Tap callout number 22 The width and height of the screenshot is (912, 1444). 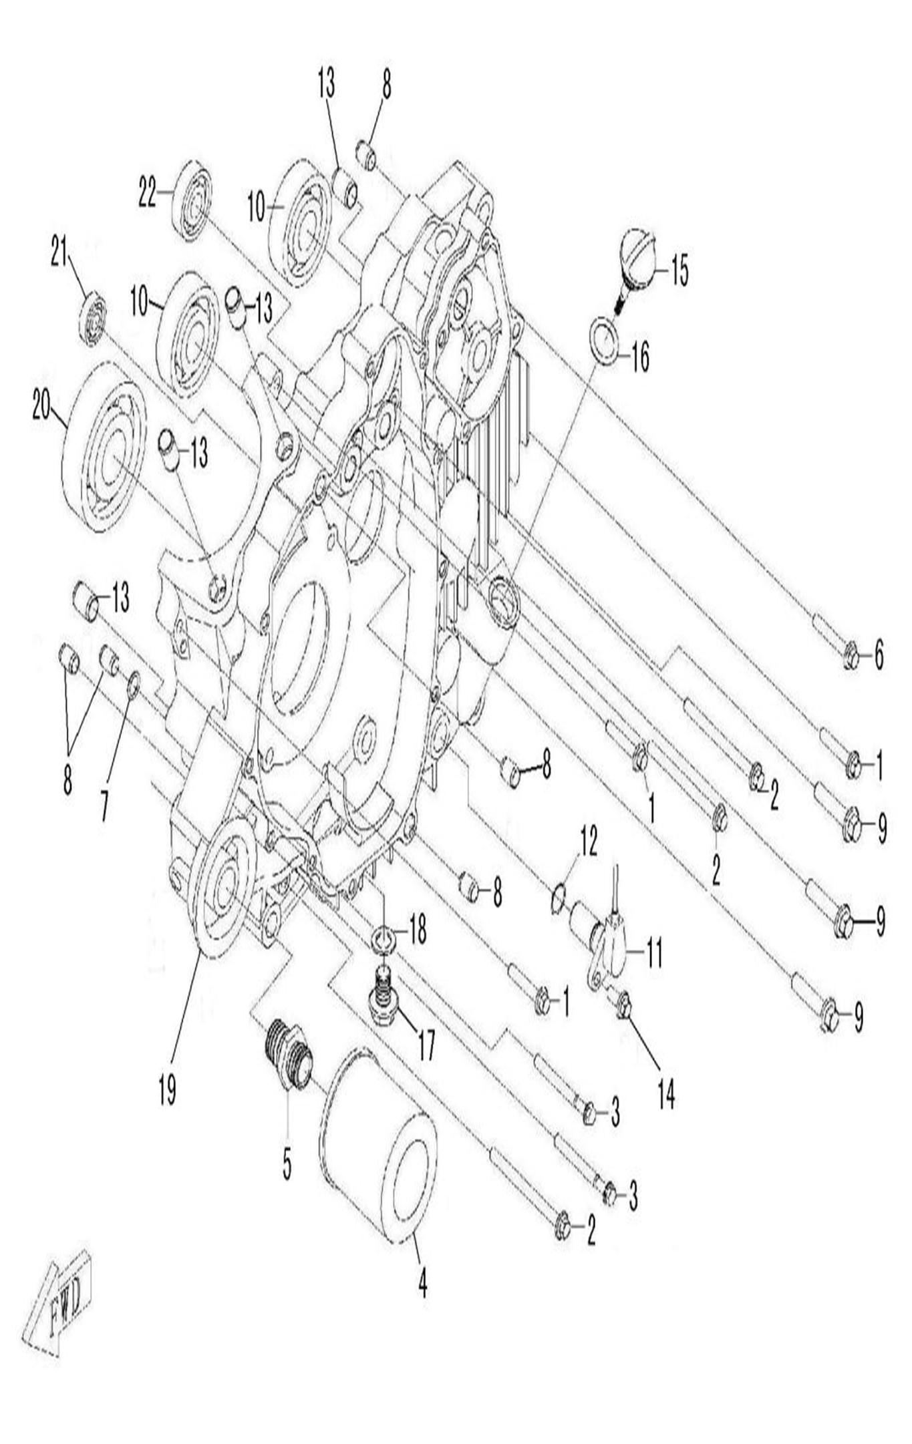coord(148,193)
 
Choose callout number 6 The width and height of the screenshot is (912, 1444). coord(879,654)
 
